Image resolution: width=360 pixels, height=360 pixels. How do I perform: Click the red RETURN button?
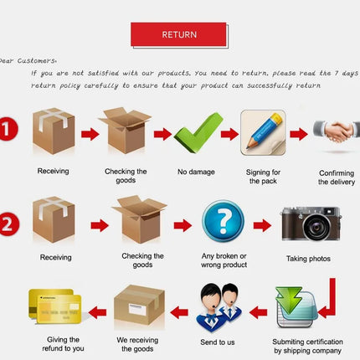(178, 34)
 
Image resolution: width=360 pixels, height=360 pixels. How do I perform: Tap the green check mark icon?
(198, 132)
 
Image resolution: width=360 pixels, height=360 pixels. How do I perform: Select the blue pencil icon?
(263, 132)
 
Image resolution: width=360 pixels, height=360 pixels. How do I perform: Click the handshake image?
(337, 131)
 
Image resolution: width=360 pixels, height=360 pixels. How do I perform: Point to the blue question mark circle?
(223, 221)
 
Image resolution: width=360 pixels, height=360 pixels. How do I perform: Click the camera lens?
(316, 227)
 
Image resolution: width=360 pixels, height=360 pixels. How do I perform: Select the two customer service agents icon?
(219, 307)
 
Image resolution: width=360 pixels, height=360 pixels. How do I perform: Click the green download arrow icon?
(289, 301)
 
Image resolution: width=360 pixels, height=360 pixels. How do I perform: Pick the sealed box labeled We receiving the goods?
(139, 305)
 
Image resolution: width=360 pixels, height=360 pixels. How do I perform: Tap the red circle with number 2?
(8, 224)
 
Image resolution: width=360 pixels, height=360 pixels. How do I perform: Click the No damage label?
(196, 172)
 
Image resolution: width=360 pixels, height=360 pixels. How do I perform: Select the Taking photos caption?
(308, 259)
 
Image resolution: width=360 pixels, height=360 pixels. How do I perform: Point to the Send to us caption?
(218, 342)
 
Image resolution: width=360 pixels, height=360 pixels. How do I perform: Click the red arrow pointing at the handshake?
(299, 134)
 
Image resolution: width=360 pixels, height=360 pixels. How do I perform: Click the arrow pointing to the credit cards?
(97, 312)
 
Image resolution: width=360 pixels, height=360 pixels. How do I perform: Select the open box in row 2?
(139, 219)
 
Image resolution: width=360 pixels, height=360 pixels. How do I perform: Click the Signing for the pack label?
(263, 177)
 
